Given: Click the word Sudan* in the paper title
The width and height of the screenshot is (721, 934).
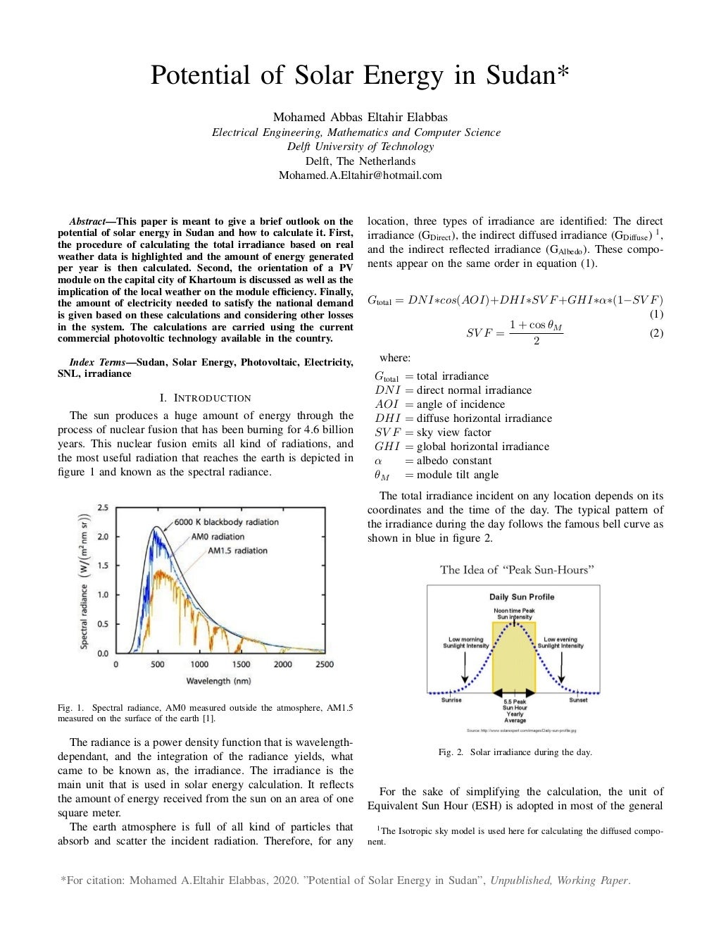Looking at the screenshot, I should coord(527,75).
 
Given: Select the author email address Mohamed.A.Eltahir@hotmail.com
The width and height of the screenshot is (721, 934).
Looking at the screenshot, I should coord(360,175).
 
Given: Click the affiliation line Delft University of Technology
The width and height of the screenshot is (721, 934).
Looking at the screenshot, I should coord(360,147).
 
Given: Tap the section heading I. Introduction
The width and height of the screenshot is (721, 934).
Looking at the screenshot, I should coord(205,398).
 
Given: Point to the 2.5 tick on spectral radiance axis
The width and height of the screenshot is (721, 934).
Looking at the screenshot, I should coord(103,508).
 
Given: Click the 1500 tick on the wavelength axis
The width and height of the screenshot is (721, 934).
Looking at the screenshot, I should coord(241,664).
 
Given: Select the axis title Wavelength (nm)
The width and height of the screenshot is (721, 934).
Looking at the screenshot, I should coord(218,681).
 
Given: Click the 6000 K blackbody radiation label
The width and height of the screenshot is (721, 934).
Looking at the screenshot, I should coord(226,522).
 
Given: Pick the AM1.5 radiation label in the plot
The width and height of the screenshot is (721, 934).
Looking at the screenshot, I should coord(237,551).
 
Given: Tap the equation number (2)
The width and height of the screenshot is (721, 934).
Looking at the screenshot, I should coord(656,333).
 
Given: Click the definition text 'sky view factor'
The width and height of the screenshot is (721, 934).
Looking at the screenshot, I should coord(453,432).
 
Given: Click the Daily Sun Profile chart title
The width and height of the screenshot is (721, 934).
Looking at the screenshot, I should coord(522,597).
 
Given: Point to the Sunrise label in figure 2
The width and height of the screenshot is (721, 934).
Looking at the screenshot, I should coord(451,700).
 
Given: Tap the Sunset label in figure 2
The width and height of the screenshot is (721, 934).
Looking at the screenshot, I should coord(578,700).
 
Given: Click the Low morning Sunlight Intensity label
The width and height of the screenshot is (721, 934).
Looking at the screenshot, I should coord(465,642).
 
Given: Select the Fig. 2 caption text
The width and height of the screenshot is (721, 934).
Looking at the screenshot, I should coord(515,752).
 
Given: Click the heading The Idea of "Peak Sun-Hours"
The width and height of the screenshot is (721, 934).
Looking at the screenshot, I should coord(517,570).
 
